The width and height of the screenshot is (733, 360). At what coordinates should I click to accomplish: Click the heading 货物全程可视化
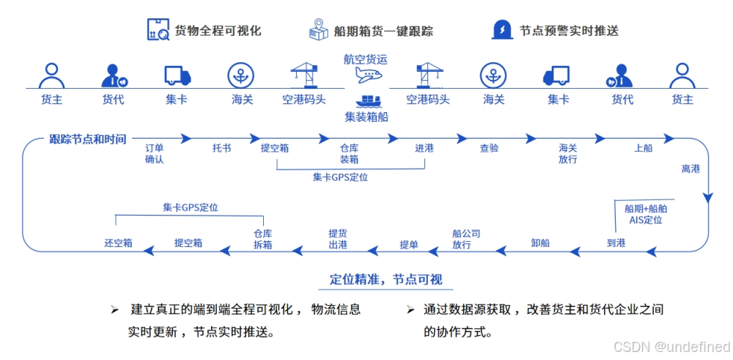pyautogui.click(x=218, y=31)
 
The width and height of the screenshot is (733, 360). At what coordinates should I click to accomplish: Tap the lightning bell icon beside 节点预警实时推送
pyautogui.click(x=502, y=30)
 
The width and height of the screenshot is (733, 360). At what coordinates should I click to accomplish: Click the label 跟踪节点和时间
pyautogui.click(x=88, y=139)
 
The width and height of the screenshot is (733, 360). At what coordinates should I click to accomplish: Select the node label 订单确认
pyautogui.click(x=154, y=153)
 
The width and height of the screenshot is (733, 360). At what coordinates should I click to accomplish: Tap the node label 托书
pyautogui.click(x=221, y=148)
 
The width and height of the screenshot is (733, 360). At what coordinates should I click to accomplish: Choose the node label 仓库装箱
pyautogui.click(x=349, y=153)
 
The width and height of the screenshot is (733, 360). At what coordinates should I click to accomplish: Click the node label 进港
pyautogui.click(x=424, y=148)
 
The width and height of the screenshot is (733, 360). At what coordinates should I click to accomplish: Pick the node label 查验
pyautogui.click(x=489, y=148)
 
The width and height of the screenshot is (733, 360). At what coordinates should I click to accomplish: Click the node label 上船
pyautogui.click(x=643, y=148)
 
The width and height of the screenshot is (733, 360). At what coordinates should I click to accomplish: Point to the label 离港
pyautogui.click(x=690, y=169)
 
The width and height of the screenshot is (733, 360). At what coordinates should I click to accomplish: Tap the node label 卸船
pyautogui.click(x=540, y=243)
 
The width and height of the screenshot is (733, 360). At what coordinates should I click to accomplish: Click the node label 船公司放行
pyautogui.click(x=466, y=239)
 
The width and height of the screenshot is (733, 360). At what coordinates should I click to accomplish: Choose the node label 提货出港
pyautogui.click(x=338, y=239)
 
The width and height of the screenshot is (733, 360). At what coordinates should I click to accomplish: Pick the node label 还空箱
pyautogui.click(x=118, y=243)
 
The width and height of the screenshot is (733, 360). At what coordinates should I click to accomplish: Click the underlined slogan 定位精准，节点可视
pyautogui.click(x=386, y=279)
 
